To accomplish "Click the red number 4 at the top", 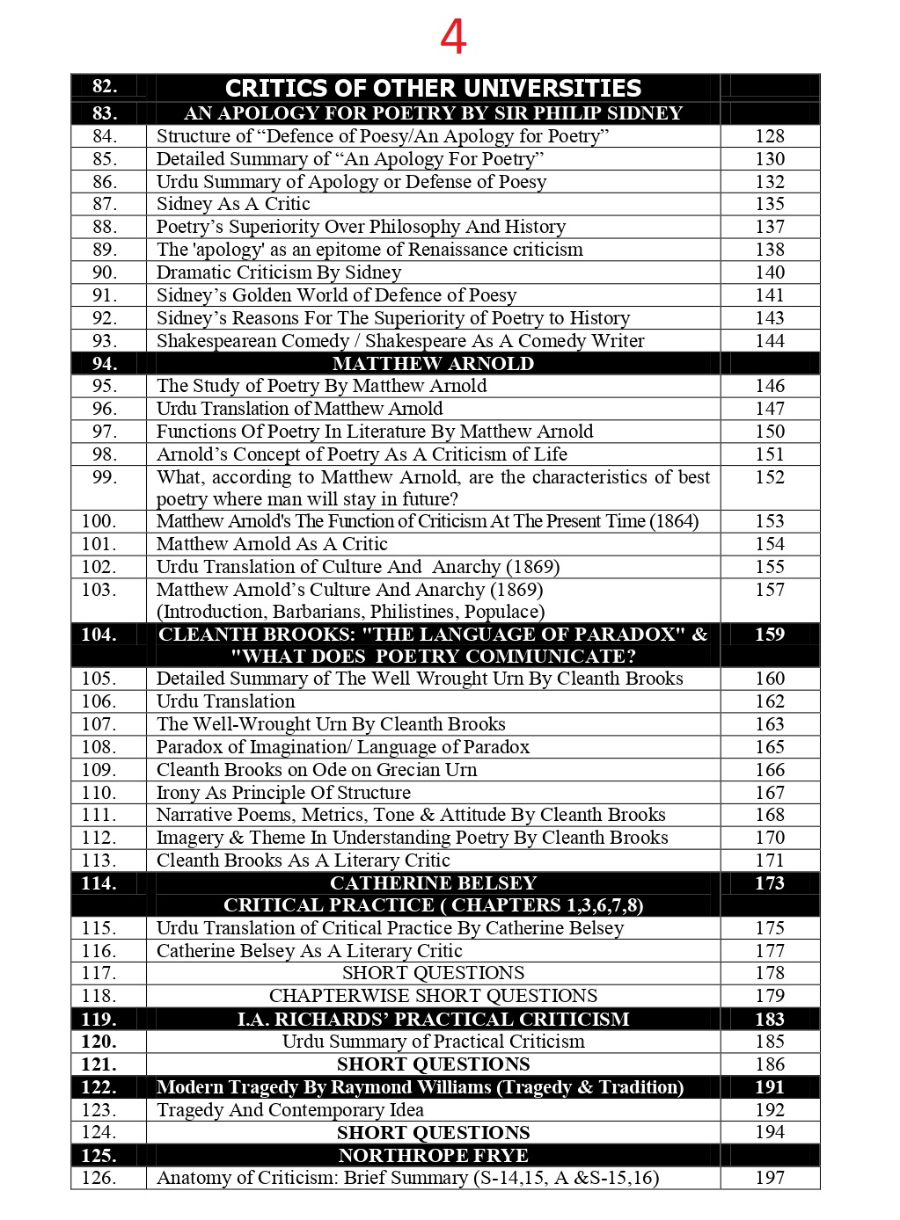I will click(x=452, y=38).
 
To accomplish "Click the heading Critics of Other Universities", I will click(x=433, y=88).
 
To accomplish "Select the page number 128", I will click(x=769, y=136).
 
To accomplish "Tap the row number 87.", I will click(x=104, y=204).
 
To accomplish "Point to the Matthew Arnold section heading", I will click(x=433, y=363).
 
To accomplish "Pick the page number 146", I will click(x=769, y=386).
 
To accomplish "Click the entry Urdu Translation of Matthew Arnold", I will click(x=299, y=409).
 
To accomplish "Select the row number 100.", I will click(x=99, y=521).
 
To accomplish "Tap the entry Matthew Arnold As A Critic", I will click(x=272, y=544).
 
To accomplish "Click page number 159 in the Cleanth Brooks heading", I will click(x=769, y=635).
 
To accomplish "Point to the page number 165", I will click(x=769, y=747).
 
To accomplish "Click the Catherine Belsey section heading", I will click(x=433, y=883).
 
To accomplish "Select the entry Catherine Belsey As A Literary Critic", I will click(x=309, y=951).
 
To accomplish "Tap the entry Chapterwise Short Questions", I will click(x=433, y=996).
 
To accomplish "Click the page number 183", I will click(x=769, y=1019).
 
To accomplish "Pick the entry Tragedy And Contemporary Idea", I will click(x=289, y=1110).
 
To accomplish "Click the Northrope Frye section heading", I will click(x=433, y=1155).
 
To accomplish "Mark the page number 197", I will click(x=769, y=1178).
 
